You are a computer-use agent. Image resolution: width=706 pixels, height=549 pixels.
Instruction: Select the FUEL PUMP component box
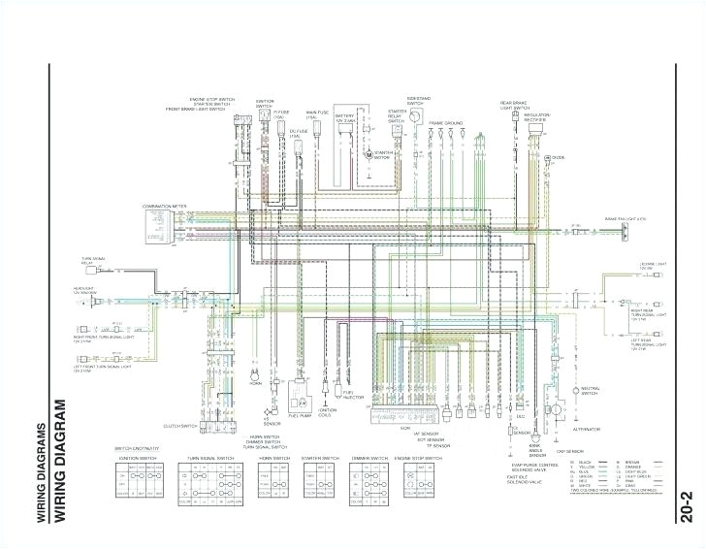(299, 393)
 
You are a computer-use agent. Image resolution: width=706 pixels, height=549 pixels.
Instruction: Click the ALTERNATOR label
(587, 428)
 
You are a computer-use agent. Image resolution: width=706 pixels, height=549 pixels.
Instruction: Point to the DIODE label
(558, 157)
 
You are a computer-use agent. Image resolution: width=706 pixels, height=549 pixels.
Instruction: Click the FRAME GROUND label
(446, 124)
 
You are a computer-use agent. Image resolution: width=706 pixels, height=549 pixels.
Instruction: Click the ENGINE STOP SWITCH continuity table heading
(419, 456)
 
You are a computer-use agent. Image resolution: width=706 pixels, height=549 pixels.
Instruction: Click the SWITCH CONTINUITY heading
(137, 448)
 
